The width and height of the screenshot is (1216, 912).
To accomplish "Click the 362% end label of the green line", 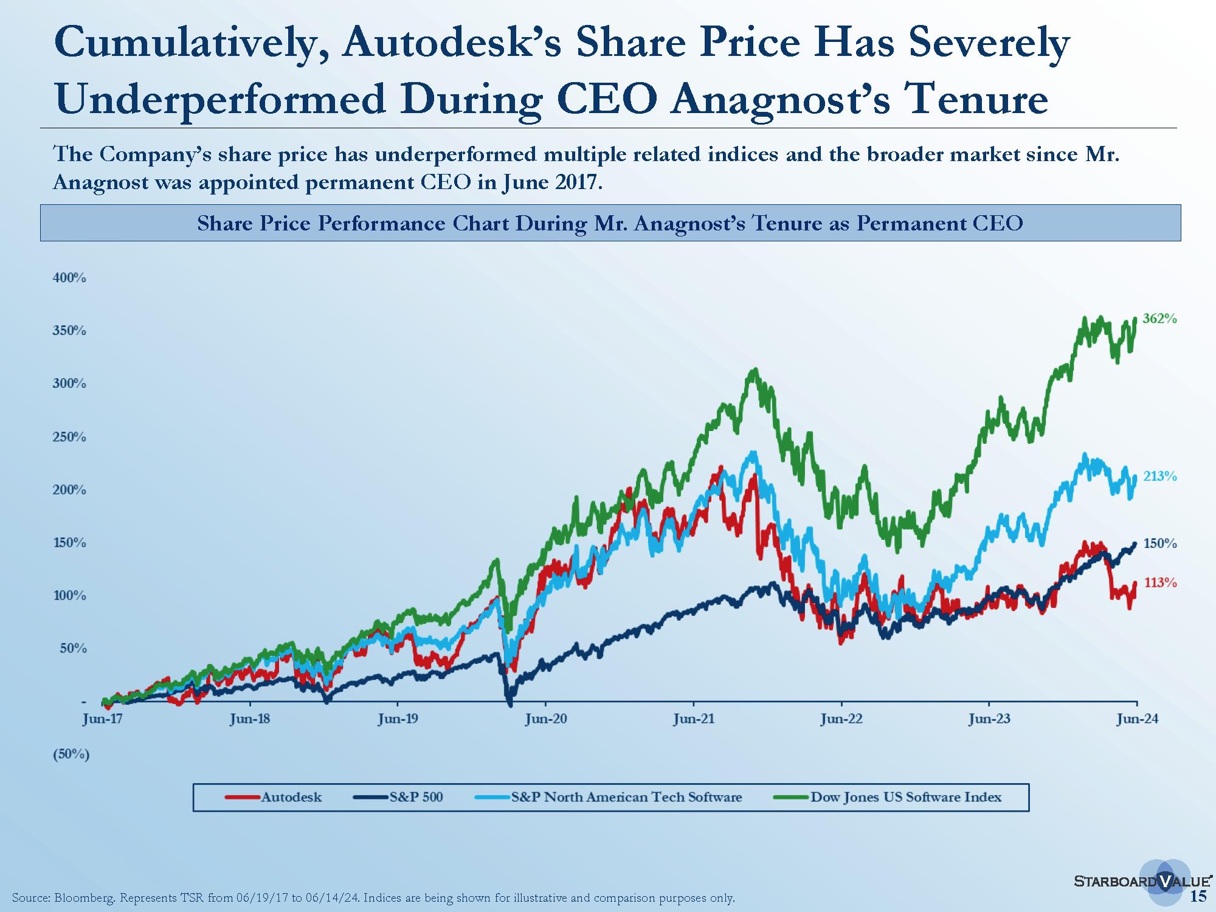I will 1159,319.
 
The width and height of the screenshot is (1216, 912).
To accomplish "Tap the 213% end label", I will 1159,476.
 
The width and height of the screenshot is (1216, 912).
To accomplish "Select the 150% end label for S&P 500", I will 1159,544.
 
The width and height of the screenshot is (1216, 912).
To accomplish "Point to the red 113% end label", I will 1159,582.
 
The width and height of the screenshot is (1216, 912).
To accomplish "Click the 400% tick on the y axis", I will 70,278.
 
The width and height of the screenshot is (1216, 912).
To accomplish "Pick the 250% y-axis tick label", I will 70,437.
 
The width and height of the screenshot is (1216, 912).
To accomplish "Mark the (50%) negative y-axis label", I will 72,755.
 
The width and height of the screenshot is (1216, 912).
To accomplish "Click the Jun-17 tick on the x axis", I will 102,719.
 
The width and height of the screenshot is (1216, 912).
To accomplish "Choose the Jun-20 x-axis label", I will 545,719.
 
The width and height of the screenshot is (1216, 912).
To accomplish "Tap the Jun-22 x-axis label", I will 841,719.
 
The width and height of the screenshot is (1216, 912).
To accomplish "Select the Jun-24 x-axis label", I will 1137,719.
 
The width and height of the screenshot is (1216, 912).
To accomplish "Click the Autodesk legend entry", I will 274,797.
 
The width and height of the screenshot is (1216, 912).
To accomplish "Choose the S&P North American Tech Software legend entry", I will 608,797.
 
